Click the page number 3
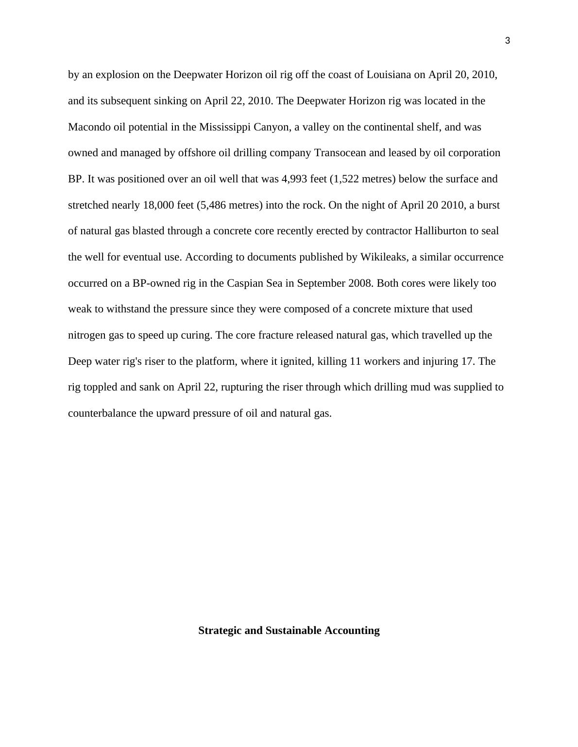pyautogui.click(x=508, y=41)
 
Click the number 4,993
pyautogui.click(x=294, y=179)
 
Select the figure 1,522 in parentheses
pyautogui.click(x=346, y=179)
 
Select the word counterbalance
pyautogui.click(x=102, y=413)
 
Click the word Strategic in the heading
pyautogui.click(x=218, y=631)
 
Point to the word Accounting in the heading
pyautogui.click(x=352, y=631)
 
